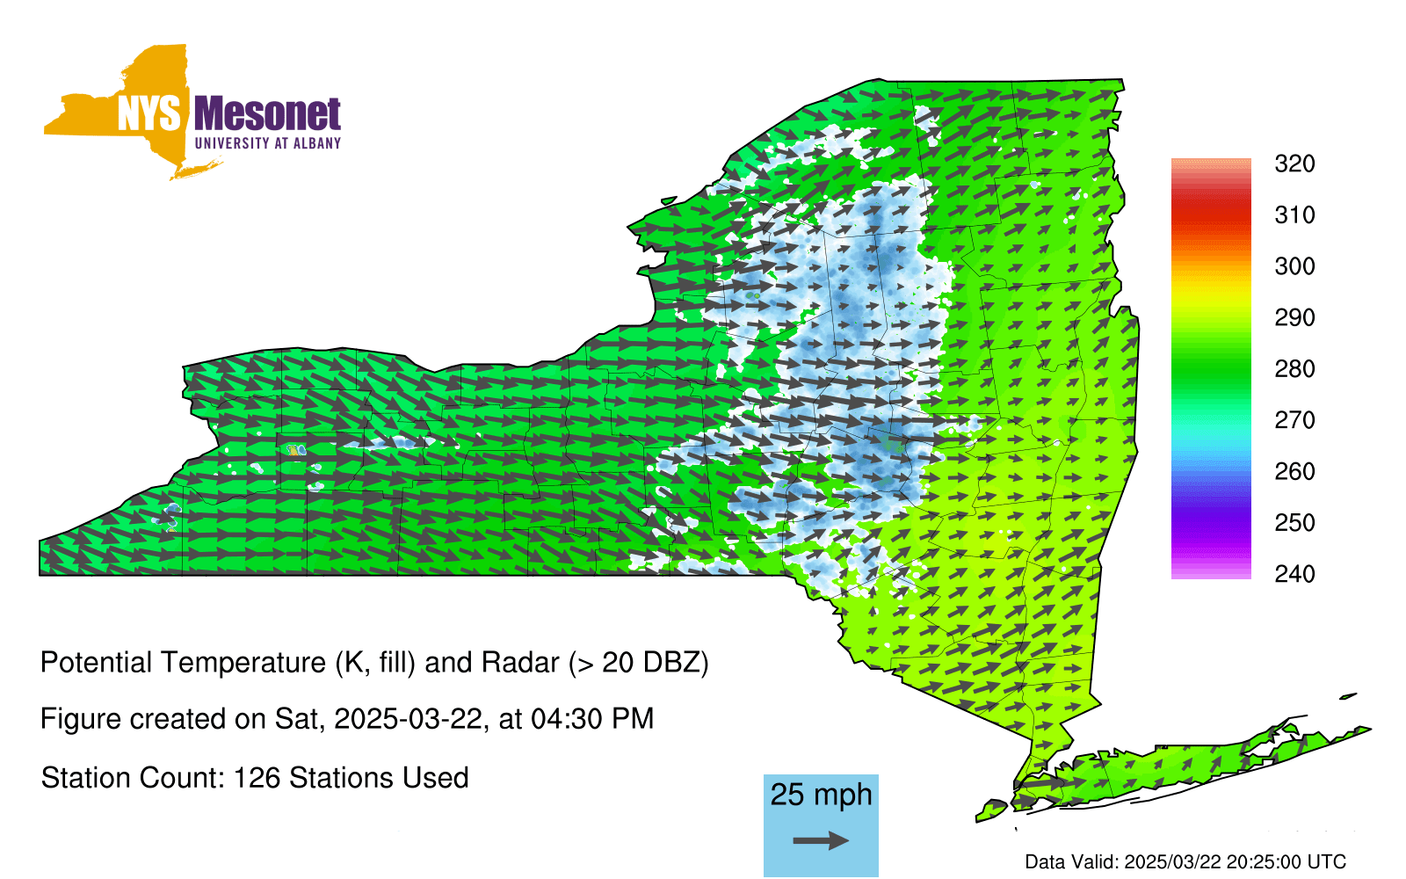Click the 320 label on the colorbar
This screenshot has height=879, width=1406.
pyautogui.click(x=1294, y=163)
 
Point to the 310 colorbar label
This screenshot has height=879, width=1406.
pyautogui.click(x=1294, y=215)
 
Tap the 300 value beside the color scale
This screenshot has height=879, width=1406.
pyautogui.click(x=1294, y=266)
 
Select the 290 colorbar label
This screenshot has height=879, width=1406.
pyautogui.click(x=1294, y=317)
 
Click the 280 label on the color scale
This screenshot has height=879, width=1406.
pyautogui.click(x=1294, y=368)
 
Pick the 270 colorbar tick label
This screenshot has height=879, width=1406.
pyautogui.click(x=1294, y=420)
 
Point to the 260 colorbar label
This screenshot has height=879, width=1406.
pyautogui.click(x=1294, y=471)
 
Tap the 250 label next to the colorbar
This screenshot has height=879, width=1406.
pyautogui.click(x=1294, y=522)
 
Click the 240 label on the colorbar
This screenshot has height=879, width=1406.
pyautogui.click(x=1294, y=574)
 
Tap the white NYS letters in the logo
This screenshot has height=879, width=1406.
pyautogui.click(x=149, y=113)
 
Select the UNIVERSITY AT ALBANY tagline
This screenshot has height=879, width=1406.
pyautogui.click(x=268, y=143)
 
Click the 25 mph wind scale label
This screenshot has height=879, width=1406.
pyautogui.click(x=821, y=795)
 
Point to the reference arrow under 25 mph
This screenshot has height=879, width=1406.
pyautogui.click(x=821, y=840)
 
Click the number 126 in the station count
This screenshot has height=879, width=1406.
pyautogui.click(x=256, y=778)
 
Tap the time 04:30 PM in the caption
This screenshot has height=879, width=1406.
pyautogui.click(x=592, y=719)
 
